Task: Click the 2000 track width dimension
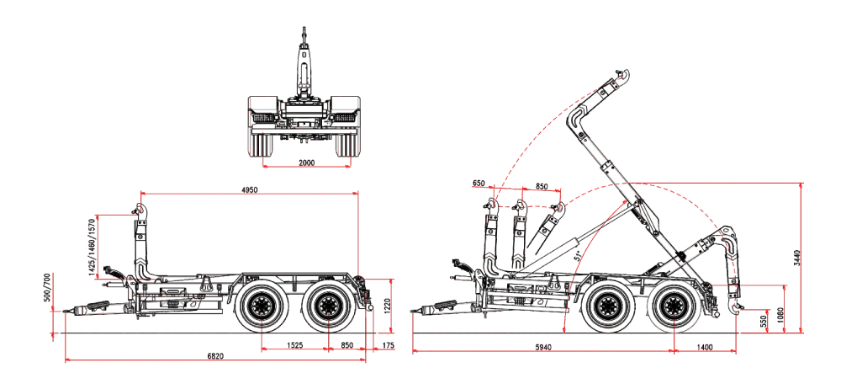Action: (x=307, y=163)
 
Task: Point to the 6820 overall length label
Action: (x=215, y=355)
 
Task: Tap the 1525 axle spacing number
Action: (x=294, y=345)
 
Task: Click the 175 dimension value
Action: (x=389, y=345)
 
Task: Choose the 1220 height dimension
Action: (x=387, y=306)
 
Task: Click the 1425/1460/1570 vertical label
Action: (x=92, y=245)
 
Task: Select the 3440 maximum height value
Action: (x=797, y=259)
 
